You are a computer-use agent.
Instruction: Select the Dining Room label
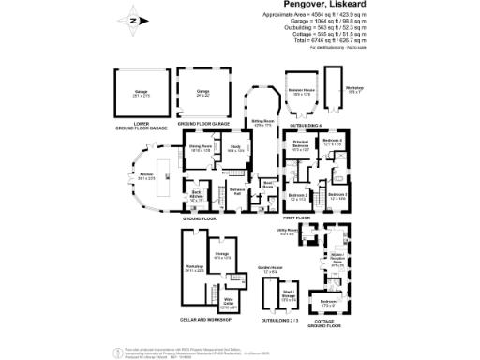[201, 147]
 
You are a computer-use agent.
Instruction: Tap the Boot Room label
[268, 185]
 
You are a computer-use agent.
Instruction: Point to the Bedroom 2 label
[298, 196]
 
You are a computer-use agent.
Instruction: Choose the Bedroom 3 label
[339, 196]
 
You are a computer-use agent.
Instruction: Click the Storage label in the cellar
[222, 254]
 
